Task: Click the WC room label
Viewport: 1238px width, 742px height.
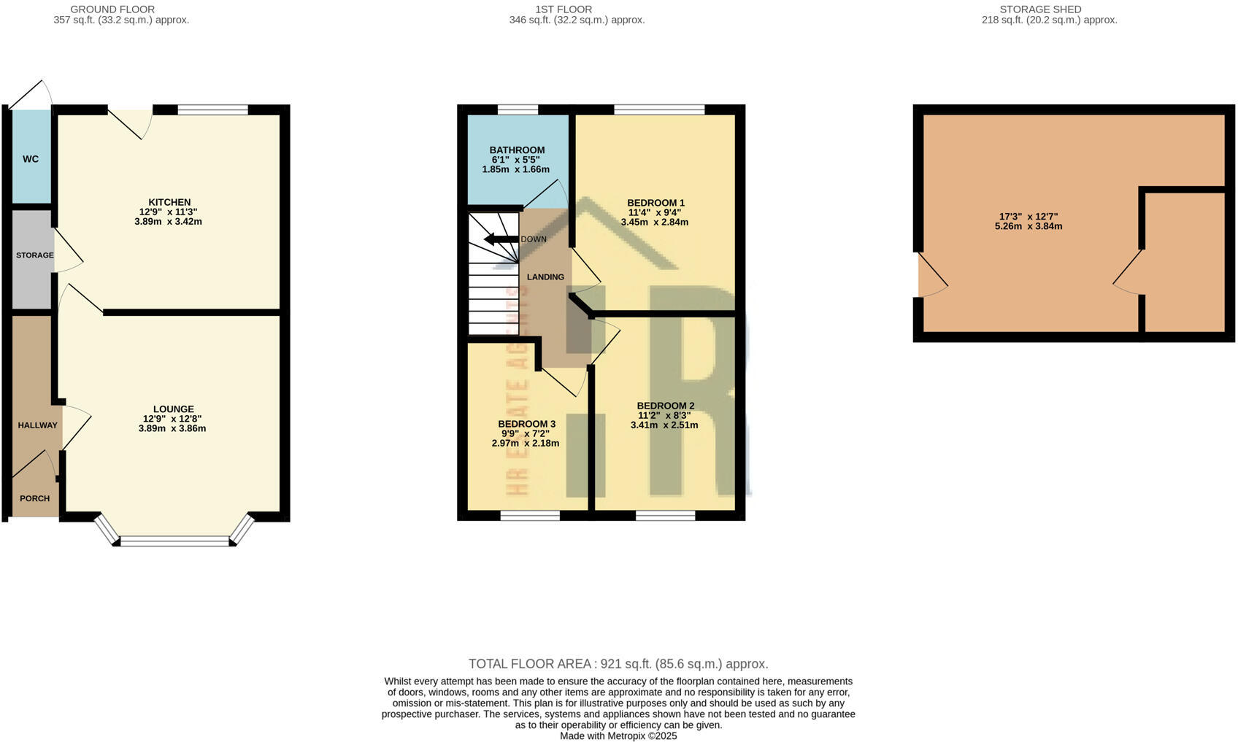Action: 31,159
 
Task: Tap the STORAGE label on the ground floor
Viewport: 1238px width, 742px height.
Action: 35,255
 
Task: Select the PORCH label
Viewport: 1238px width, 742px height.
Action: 34,498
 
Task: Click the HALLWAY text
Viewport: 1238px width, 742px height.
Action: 37,425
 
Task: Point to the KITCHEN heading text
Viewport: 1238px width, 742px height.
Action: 169,202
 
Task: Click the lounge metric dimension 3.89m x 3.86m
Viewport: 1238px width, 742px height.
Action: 172,429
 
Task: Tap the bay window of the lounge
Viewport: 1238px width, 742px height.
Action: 174,541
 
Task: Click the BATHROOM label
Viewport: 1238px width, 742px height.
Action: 517,150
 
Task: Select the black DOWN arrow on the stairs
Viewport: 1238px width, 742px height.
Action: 500,239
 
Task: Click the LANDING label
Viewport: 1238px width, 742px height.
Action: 545,277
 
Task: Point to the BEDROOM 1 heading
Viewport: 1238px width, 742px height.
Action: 655,203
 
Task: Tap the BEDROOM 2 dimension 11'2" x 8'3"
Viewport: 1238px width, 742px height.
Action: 664,415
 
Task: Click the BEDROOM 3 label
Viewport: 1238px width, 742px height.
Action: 526,424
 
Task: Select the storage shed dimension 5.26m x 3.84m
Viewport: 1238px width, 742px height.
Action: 1028,227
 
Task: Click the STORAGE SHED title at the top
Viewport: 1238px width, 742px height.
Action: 1040,9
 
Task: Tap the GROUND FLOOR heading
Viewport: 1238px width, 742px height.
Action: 112,9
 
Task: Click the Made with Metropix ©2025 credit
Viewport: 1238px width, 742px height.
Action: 618,736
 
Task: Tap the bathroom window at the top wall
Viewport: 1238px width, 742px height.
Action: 518,109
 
